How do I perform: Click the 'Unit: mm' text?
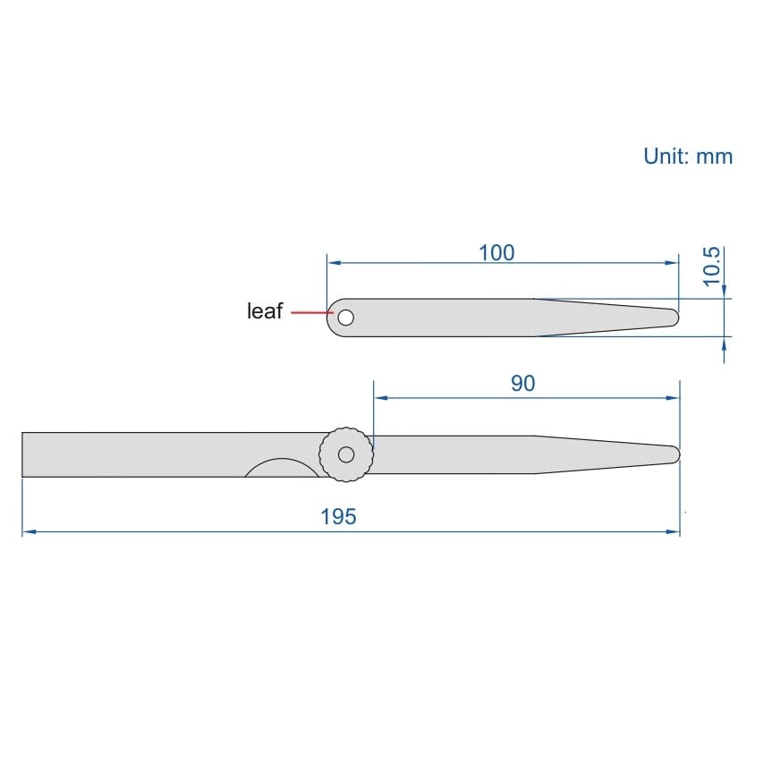(687, 157)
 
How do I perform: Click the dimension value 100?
(496, 253)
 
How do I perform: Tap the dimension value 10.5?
(712, 267)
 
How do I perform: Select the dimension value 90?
(522, 384)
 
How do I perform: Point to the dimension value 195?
(338, 517)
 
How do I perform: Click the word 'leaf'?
(264, 311)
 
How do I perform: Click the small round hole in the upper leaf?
(345, 317)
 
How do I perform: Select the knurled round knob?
(345, 454)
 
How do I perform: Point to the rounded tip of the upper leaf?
(675, 317)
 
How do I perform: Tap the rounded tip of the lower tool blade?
(676, 454)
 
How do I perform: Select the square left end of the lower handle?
(24, 454)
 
